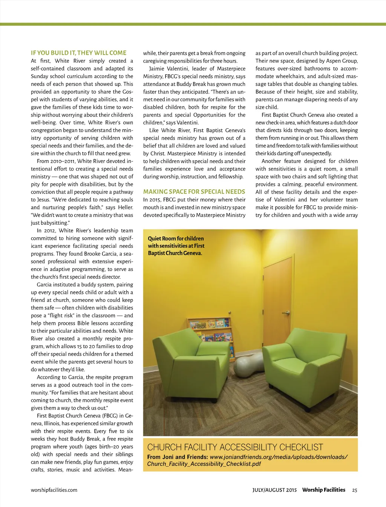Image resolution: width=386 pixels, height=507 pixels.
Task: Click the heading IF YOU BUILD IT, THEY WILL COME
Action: click(78, 53)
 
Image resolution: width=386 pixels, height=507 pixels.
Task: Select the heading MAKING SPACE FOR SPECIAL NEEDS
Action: click(194, 192)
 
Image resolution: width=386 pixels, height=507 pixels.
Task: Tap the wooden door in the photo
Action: click(277, 302)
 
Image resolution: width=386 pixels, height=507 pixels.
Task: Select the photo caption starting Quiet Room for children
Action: click(176, 246)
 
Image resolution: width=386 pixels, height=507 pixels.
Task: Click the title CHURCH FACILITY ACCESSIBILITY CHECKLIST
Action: click(235, 447)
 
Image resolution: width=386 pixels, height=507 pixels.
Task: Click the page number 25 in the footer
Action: click(354, 490)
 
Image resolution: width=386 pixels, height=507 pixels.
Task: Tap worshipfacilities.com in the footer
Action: click(54, 490)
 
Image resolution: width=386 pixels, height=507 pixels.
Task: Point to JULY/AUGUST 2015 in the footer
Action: click(274, 490)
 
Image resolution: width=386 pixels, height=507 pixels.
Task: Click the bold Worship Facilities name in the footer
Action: click(323, 490)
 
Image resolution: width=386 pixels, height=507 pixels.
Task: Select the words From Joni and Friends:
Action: click(177, 457)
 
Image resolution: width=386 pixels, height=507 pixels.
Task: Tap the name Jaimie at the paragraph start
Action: click(157, 69)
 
